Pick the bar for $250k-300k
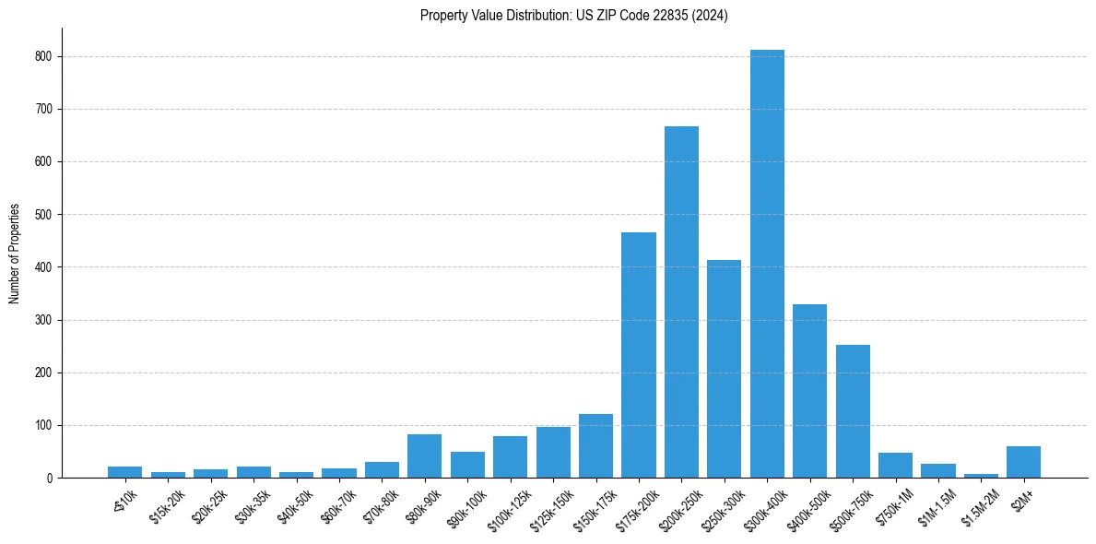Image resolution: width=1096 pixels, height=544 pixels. [724, 369]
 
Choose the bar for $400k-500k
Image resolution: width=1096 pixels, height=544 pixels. [809, 391]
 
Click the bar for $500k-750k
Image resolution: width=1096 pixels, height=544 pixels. [853, 411]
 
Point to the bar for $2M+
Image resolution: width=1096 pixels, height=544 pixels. [1023, 462]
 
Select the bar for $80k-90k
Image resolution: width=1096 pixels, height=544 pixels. [425, 456]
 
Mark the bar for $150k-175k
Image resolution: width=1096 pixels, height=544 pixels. [595, 446]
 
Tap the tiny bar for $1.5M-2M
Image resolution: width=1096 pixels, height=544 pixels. [981, 476]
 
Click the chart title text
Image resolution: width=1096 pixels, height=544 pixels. [573, 16]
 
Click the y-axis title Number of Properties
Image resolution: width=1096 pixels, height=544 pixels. [14, 254]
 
